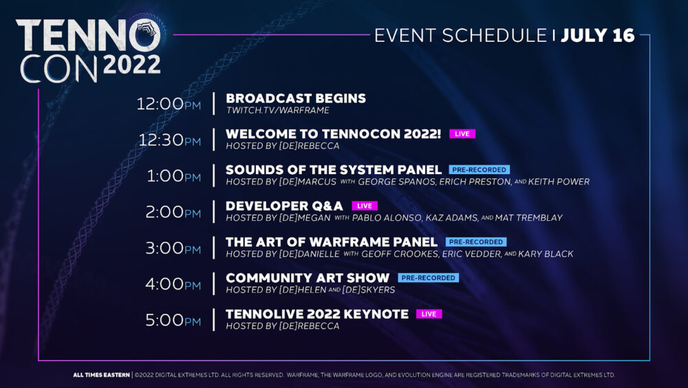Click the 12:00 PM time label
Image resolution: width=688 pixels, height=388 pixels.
point(169,104)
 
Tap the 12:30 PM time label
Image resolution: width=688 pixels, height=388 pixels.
point(170,140)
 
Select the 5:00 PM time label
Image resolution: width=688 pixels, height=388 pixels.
point(173,320)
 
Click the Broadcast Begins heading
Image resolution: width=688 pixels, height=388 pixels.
point(296,98)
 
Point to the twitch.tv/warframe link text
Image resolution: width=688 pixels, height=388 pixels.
point(278,110)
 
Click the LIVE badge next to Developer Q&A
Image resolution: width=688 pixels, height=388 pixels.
point(364,206)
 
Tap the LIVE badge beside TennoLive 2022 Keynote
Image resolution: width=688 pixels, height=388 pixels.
point(429,314)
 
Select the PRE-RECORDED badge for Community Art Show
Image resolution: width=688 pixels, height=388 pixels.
point(428,278)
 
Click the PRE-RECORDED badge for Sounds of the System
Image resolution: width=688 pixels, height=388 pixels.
point(479,170)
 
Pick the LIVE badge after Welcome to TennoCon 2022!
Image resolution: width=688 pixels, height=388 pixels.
point(462,134)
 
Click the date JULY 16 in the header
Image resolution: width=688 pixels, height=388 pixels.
point(598,36)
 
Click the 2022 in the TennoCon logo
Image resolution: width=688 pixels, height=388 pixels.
point(131,65)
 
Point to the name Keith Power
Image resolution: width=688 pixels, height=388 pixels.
point(559,182)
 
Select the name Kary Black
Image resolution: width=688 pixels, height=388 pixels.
point(546,254)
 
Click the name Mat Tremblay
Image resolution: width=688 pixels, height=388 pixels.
point(528,217)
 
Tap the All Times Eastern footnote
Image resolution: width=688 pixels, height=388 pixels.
point(101,375)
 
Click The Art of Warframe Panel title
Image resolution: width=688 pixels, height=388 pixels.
point(332,242)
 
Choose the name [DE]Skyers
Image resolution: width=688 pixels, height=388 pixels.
point(369,290)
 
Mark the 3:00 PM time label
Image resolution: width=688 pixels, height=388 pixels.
point(173,248)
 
